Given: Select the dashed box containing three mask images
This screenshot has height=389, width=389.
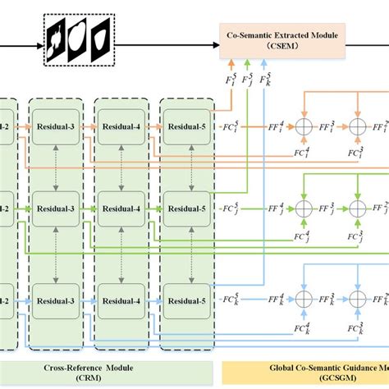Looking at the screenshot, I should [x=76, y=41].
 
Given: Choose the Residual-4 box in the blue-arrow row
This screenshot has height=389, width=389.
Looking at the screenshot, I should [x=121, y=298].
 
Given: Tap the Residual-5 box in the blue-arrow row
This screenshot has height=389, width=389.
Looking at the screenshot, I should [x=187, y=298].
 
